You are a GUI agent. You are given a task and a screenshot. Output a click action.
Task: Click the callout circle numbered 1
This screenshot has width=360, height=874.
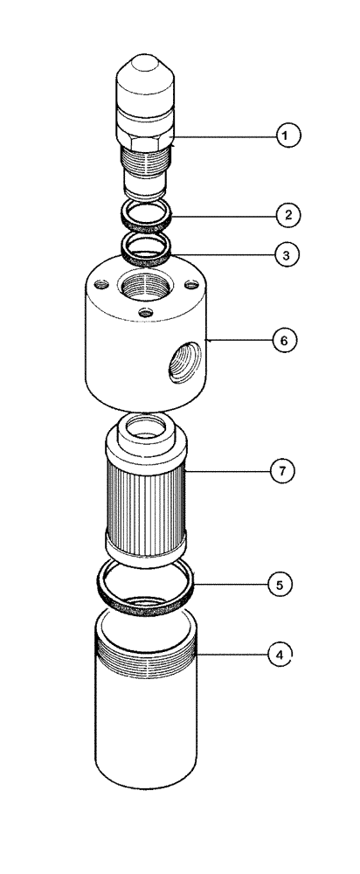click(287, 135)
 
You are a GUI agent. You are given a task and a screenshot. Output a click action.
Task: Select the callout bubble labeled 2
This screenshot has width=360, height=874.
click(287, 212)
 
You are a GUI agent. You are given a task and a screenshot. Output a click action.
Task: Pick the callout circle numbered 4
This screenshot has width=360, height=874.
click(280, 653)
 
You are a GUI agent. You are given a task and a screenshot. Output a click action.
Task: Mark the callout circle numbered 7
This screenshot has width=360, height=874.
click(280, 471)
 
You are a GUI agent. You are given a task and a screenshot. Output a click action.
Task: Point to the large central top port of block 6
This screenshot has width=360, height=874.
click(144, 287)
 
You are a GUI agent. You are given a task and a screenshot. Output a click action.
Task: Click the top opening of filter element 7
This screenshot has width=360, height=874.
click(144, 427)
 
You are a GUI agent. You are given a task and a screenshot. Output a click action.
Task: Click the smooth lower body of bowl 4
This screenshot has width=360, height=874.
click(144, 734)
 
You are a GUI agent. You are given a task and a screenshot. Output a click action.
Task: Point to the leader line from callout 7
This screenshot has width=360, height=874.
click(227, 471)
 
